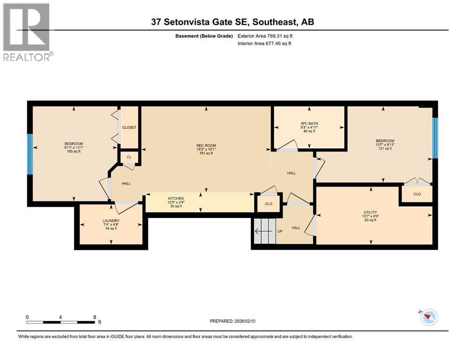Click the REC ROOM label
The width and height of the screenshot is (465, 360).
[x=206, y=145]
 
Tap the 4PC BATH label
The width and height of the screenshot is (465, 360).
[x=309, y=123]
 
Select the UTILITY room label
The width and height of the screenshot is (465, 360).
[x=370, y=212]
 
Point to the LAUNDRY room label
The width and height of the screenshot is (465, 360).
[x=111, y=221]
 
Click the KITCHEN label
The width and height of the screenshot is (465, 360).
[x=176, y=198]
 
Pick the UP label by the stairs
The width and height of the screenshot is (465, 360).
[x=280, y=232]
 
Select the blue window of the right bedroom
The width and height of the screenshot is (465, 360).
[x=435, y=138]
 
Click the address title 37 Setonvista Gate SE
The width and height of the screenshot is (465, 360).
[x=232, y=22]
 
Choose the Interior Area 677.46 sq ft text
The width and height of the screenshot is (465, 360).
[x=265, y=44]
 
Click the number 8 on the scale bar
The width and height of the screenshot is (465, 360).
[x=95, y=317]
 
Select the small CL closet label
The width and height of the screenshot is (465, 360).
[x=129, y=157]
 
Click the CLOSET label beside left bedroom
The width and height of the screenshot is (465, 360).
[x=129, y=127]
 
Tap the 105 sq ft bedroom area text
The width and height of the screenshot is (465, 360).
[x=74, y=151]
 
